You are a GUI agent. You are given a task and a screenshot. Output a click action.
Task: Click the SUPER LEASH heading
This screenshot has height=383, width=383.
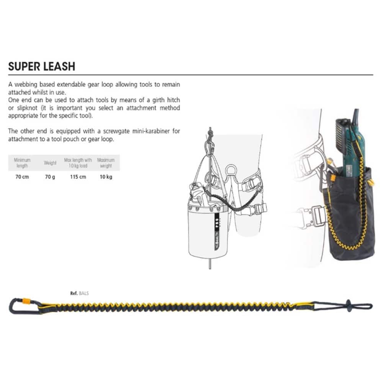point(41,66)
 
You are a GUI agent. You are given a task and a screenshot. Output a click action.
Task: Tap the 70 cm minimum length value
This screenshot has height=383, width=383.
point(22,177)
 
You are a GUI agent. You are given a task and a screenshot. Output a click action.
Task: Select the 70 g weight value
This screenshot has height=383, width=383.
point(50,177)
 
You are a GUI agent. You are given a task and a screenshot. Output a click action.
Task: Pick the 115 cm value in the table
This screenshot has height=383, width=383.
point(78,177)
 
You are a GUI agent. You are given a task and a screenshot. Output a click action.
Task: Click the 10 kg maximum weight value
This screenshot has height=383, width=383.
point(106,177)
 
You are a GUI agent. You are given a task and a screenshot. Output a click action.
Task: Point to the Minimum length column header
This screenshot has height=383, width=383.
point(22,163)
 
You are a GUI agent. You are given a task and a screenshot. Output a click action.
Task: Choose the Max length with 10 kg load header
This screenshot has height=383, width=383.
point(78,163)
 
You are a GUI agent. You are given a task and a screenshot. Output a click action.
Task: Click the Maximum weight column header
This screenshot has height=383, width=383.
point(106,163)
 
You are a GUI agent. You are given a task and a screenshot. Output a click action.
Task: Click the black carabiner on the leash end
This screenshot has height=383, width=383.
point(19,307)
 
